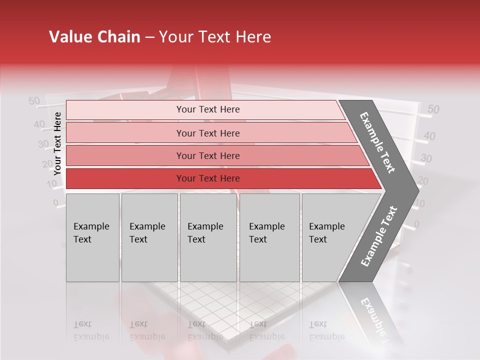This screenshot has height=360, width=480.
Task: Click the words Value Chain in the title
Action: pyautogui.click(x=94, y=37)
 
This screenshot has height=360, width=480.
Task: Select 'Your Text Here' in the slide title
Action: pyautogui.click(x=215, y=37)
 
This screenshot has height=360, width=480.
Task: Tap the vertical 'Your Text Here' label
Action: pyautogui.click(x=57, y=143)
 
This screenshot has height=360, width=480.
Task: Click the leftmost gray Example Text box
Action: pyautogui.click(x=92, y=237)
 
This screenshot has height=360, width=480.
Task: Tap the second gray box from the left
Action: pyautogui.click(x=149, y=237)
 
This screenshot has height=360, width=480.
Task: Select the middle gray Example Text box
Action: pyautogui.click(x=208, y=237)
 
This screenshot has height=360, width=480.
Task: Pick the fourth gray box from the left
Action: pyautogui.click(x=269, y=237)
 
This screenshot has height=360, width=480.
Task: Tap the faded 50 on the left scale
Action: pyautogui.click(x=34, y=101)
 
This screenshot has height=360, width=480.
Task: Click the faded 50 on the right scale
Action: pyautogui.click(x=433, y=109)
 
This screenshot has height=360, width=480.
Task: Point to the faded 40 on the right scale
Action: pyautogui.click(x=429, y=136)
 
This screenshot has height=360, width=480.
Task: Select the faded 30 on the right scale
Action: pyautogui.click(x=426, y=158)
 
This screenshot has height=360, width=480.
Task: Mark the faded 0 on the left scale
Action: pyautogui.click(x=56, y=203)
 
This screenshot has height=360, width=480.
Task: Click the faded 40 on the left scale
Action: pyautogui.click(x=39, y=124)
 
